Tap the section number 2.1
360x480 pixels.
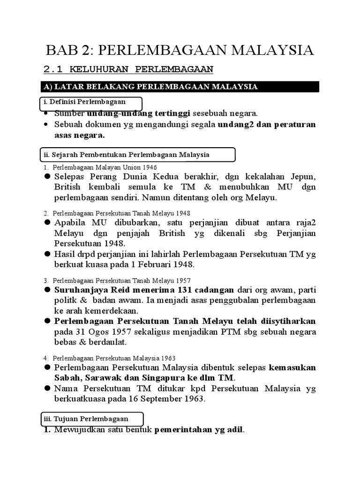[x=53, y=70]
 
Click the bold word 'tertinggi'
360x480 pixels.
[x=171, y=113]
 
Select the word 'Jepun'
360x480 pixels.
[x=301, y=176]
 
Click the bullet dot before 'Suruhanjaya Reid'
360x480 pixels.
[x=47, y=290]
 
